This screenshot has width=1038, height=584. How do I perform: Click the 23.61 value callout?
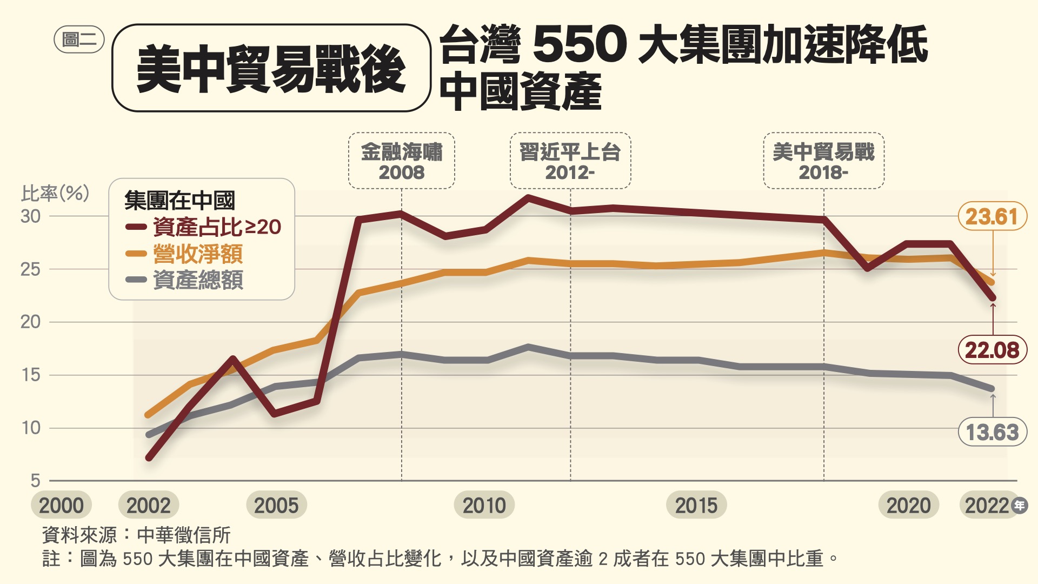992,217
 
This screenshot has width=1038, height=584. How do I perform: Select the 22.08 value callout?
992,350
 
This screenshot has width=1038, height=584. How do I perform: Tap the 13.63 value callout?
992,432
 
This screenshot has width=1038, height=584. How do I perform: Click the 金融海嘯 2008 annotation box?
402,161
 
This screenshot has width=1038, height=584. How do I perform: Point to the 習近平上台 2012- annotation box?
570,161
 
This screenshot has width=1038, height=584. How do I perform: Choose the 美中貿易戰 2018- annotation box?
823,161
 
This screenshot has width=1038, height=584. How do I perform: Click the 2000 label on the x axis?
61,506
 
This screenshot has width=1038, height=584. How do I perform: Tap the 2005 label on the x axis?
276,506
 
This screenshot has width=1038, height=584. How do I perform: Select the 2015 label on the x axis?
696,506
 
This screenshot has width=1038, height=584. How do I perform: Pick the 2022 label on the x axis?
987,506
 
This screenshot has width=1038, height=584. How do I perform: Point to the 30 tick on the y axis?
31,216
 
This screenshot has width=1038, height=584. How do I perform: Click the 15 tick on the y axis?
31,375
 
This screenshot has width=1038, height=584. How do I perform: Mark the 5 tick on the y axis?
36,480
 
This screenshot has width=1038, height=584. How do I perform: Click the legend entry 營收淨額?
198,254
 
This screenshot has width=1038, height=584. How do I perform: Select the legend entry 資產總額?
198,280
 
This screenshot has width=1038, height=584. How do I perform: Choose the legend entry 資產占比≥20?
217,227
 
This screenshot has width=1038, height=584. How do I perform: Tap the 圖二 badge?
79,39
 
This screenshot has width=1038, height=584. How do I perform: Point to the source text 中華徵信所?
184,535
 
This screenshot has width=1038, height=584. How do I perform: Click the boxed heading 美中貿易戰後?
271,68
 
